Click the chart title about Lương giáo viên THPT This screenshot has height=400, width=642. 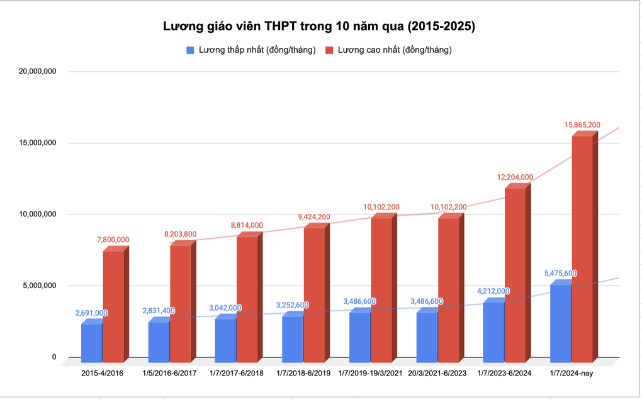[x=319, y=26]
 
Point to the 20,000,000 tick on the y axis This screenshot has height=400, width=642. [x=37, y=72]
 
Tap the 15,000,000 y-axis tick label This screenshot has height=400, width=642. [x=37, y=143]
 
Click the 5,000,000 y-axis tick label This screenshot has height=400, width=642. [x=39, y=286]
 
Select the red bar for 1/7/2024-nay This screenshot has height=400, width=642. [x=582, y=248]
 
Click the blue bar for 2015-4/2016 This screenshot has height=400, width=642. [x=91, y=343]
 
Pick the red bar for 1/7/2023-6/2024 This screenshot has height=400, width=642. [x=515, y=274]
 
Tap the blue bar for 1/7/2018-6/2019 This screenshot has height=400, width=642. [x=292, y=338]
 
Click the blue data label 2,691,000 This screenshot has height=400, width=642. [x=91, y=313]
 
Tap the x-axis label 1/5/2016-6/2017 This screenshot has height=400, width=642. [x=169, y=374]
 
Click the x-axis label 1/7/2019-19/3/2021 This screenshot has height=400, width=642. [x=371, y=374]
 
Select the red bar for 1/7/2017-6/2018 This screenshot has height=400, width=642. [x=247, y=299]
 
